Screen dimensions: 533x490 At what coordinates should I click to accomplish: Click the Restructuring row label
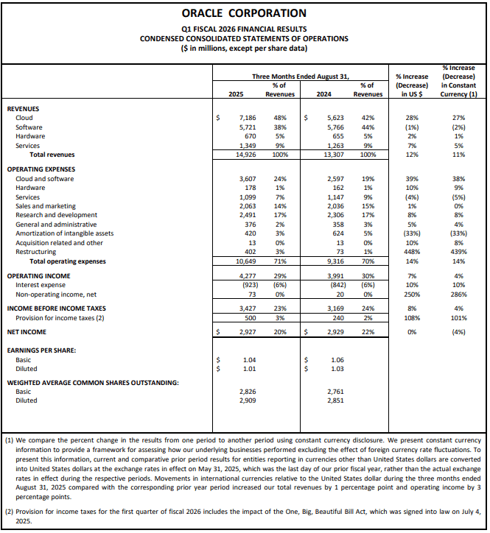36,251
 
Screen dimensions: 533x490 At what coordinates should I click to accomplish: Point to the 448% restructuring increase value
412,251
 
